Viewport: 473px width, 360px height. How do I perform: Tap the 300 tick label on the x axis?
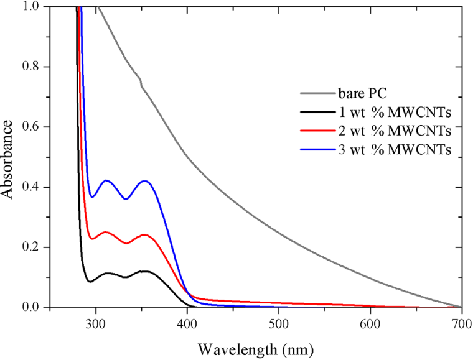point(96,324)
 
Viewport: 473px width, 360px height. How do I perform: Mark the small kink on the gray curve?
point(141,81)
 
